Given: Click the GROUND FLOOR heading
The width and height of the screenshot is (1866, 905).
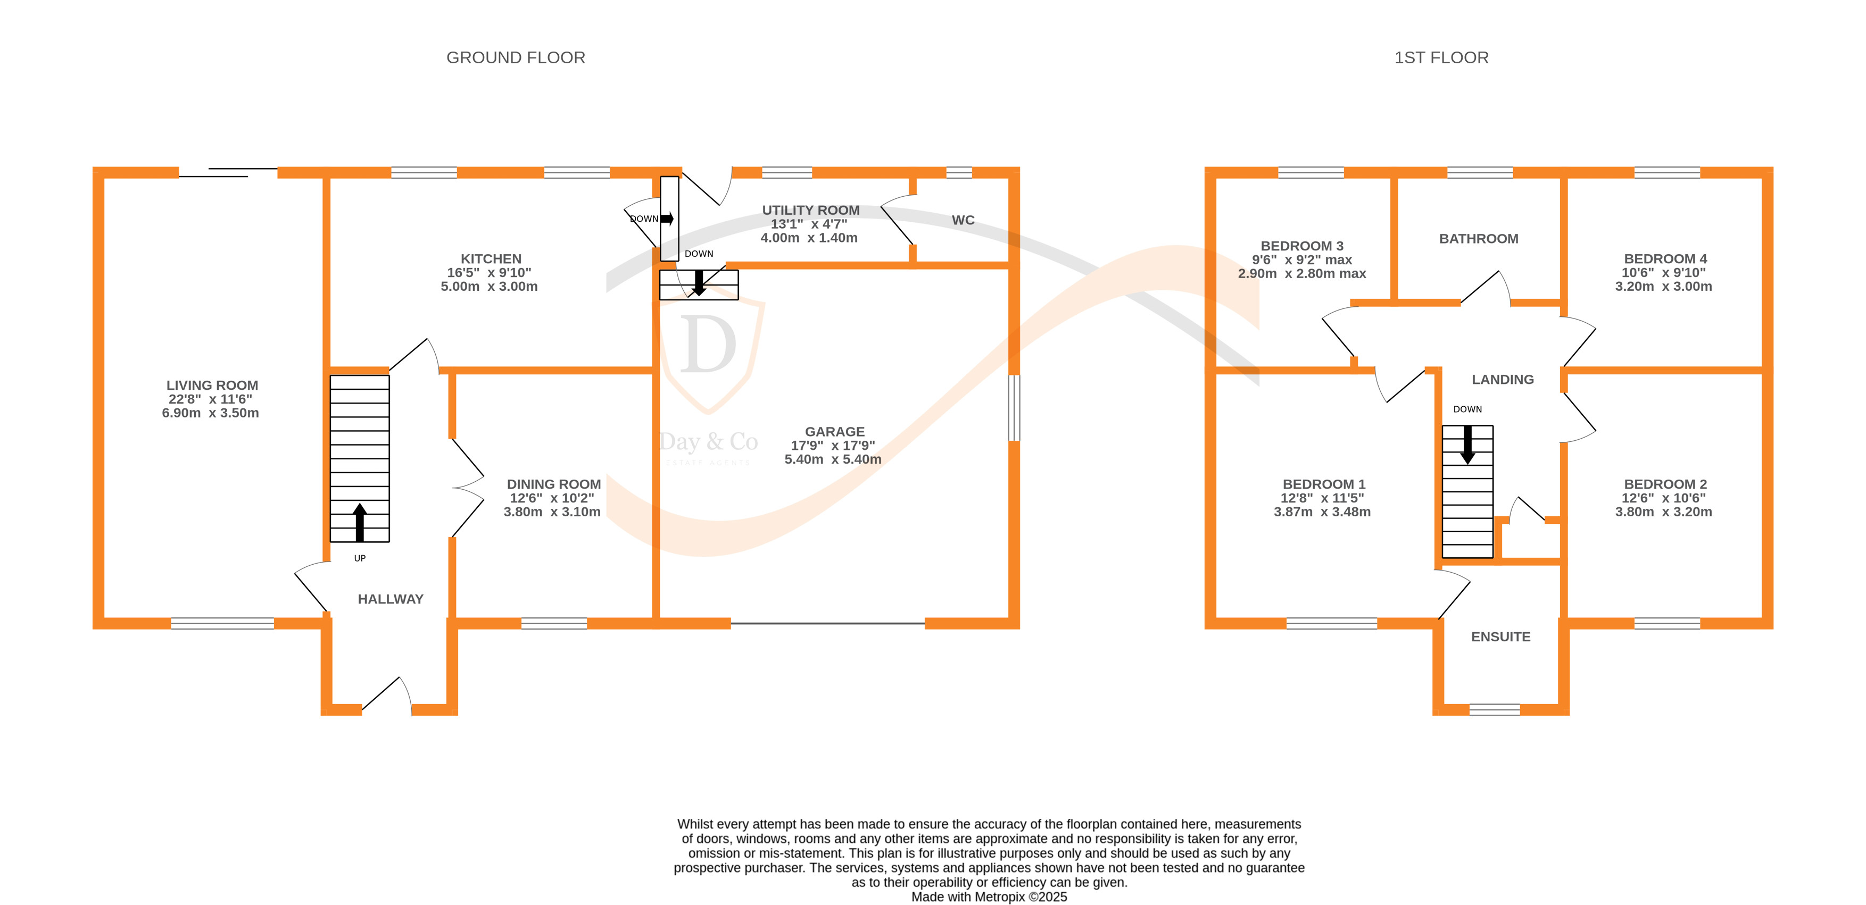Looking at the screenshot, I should [x=515, y=58].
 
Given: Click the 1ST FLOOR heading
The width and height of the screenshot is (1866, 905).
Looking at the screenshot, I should [x=1441, y=58].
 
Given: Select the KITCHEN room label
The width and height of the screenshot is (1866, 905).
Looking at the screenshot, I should [x=491, y=259].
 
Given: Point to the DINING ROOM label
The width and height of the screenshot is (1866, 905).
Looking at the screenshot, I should [x=553, y=484].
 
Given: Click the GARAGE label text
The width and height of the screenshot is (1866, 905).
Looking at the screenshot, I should [x=834, y=432].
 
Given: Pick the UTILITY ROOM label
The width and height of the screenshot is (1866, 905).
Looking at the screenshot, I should [x=810, y=211].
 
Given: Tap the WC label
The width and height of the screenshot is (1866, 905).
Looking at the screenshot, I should [x=963, y=220].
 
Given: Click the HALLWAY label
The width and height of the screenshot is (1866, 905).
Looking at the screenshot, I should [x=391, y=599].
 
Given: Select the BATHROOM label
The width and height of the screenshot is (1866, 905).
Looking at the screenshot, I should [x=1479, y=239].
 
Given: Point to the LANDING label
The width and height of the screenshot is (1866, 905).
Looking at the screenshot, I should [x=1503, y=379].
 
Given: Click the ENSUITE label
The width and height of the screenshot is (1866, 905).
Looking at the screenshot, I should [x=1500, y=637].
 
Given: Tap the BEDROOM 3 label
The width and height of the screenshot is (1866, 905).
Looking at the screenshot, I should [x=1301, y=246].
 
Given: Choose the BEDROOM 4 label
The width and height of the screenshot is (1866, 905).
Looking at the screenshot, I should [x=1665, y=259].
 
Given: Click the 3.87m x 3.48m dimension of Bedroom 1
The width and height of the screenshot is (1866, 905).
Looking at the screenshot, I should [x=1322, y=512].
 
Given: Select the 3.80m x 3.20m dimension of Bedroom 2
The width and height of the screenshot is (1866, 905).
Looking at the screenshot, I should [x=1663, y=512].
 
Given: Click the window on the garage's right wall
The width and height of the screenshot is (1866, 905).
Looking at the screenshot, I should [x=1014, y=408].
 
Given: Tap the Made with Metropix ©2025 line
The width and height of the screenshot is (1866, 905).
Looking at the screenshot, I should [x=989, y=897].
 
